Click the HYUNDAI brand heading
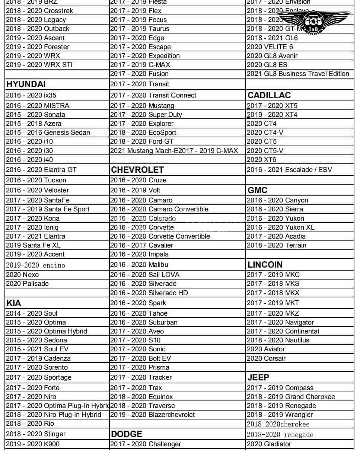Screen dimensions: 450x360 click(x=26, y=84)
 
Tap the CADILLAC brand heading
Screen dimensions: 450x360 click(x=269, y=95)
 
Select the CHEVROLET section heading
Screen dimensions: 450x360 click(x=137, y=170)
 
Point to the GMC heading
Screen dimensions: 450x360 click(x=258, y=190)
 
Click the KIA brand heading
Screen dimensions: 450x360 click(x=14, y=303)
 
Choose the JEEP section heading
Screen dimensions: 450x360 click(x=258, y=377)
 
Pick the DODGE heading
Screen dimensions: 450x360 click(x=127, y=434)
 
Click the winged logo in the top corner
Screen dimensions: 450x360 click(x=314, y=20)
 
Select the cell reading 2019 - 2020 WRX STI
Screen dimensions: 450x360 click(x=39, y=65)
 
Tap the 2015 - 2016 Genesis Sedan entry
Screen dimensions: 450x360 click(x=48, y=133)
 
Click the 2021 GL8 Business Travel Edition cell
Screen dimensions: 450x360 click(x=298, y=74)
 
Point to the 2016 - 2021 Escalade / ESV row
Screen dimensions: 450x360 click(x=289, y=170)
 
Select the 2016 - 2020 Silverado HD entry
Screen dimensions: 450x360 click(x=149, y=293)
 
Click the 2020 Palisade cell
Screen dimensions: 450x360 click(x=27, y=284)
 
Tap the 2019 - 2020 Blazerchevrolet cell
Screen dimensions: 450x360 click(x=152, y=415)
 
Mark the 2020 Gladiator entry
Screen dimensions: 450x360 click(x=269, y=444)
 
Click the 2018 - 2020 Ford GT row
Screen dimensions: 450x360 click(x=142, y=141)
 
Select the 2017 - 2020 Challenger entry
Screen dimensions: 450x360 click(x=146, y=444)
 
